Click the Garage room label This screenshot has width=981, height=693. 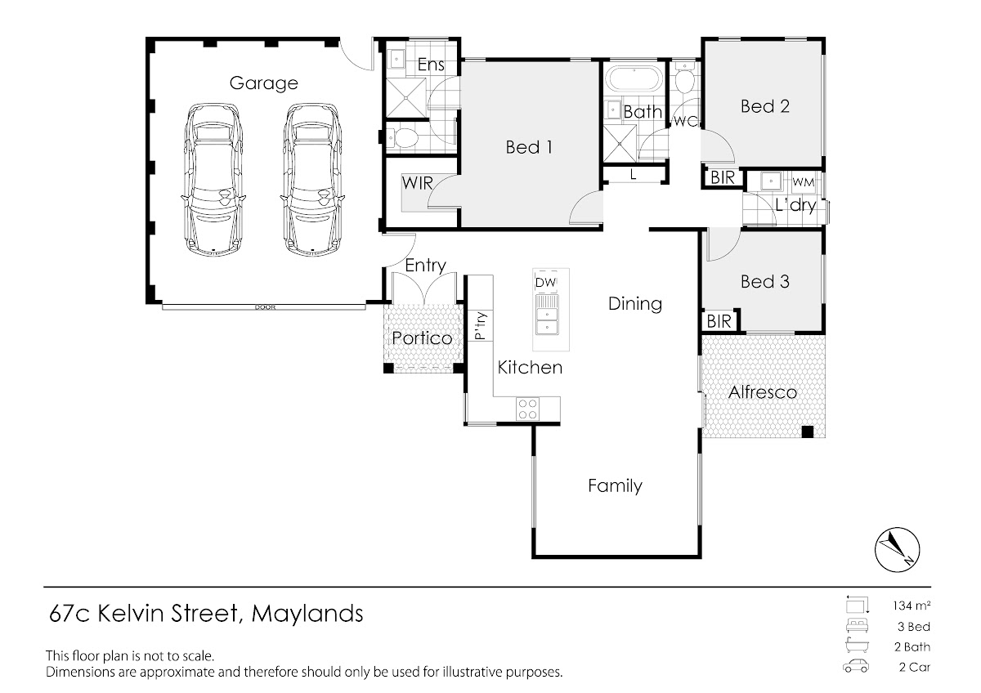pos(263,83)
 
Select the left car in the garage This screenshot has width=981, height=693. pos(213,180)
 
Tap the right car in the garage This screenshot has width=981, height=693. pos(312,180)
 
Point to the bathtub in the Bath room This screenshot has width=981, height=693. pos(634,79)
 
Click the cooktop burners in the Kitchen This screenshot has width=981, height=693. pos(527,409)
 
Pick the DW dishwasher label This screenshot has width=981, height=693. pos(546,283)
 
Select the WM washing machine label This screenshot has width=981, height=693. pos(804,182)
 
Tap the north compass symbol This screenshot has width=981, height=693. pos(898,550)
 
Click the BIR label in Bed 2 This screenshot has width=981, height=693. pos(723,177)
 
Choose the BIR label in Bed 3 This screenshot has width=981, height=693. pos(719,322)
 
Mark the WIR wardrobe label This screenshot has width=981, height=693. pos(418,183)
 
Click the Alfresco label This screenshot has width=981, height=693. pos(763,392)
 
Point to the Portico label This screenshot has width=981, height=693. pos(422,338)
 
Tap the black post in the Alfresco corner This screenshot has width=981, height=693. pos(808,431)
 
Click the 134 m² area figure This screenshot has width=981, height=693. pos(912,606)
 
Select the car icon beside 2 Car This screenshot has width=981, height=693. pos(856,666)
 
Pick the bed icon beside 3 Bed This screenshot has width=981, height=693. pos(857,626)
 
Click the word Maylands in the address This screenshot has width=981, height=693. pos(307,614)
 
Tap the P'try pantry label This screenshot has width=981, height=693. pos(481,326)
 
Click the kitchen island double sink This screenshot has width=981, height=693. pos(547,315)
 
